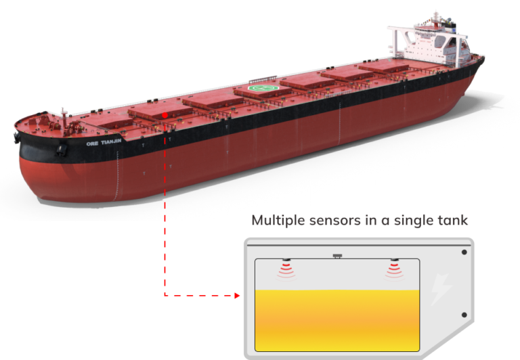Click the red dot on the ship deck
165,115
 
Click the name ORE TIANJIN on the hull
104,143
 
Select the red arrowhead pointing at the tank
237,295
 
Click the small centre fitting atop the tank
337,256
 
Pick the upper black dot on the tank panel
464,252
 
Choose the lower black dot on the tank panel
464,315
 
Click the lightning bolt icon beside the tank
441,289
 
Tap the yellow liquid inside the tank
337,321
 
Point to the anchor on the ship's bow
62,150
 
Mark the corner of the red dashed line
165,295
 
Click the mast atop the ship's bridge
436,17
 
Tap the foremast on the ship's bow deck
64,122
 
